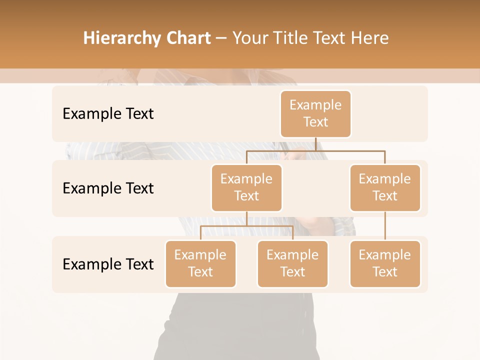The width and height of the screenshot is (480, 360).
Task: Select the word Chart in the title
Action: tap(188, 38)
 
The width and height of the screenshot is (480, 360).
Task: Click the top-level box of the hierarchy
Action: tap(315, 114)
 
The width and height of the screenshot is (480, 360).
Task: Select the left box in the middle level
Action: tap(246, 188)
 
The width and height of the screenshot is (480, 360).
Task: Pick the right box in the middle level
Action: tap(385, 188)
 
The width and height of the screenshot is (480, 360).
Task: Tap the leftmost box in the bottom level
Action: tap(200, 264)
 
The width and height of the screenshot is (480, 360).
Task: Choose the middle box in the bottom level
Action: tap(292, 264)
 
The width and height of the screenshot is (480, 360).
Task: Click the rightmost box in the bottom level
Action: tap(385, 264)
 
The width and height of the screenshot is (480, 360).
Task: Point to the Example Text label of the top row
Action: tap(108, 114)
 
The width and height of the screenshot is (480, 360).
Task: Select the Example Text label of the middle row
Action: tap(108, 188)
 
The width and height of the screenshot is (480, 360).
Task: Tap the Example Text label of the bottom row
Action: tap(108, 264)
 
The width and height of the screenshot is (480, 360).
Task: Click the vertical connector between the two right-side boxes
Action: tap(385, 226)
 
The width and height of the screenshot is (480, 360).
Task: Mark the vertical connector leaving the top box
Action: tap(315, 144)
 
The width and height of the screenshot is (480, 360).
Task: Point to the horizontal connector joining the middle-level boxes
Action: tap(315, 150)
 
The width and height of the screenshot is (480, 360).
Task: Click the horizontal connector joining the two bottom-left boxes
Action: tap(246, 226)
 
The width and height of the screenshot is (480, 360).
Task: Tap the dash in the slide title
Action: tap(221, 39)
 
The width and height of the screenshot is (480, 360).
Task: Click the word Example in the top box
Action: tap(315, 105)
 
